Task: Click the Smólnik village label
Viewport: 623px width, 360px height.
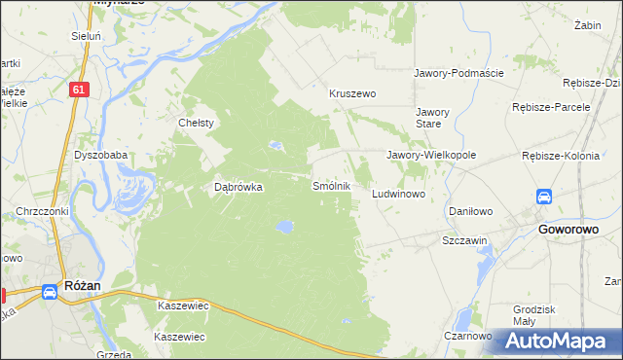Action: tap(331, 185)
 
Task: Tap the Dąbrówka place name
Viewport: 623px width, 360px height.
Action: tap(238, 189)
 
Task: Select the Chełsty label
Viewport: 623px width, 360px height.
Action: tap(196, 124)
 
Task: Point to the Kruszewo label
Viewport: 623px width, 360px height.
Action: tap(352, 93)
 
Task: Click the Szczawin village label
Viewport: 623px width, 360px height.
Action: tap(464, 240)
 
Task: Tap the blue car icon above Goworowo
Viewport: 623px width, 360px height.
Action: tap(545, 197)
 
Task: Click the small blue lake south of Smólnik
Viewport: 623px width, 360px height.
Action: tap(283, 227)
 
